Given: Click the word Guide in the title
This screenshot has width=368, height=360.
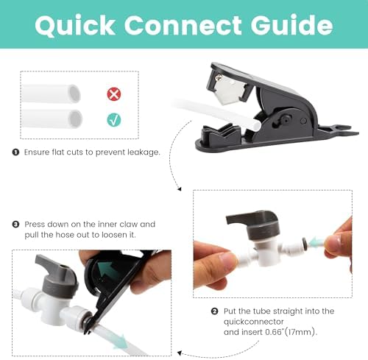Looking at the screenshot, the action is (291, 25).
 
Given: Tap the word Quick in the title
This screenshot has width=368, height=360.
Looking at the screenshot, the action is (75, 26).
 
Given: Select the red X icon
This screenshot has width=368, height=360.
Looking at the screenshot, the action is (114, 94).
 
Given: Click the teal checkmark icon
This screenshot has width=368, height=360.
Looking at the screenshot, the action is (114, 120).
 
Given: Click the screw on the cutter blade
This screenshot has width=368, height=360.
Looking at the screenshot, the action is (219, 78).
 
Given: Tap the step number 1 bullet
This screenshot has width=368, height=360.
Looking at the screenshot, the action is (15, 152).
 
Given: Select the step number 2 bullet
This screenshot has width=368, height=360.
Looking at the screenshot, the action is (214, 311).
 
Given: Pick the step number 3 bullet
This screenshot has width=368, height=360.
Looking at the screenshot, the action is (15, 225).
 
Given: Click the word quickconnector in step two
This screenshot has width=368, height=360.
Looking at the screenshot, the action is (253, 322).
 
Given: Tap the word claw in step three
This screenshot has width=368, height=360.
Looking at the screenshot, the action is (126, 225).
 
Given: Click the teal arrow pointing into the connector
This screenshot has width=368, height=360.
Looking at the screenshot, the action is (316, 242).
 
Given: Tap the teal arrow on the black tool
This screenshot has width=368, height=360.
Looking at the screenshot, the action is (108, 269).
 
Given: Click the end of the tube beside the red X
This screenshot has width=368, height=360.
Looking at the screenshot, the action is (74, 94).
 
